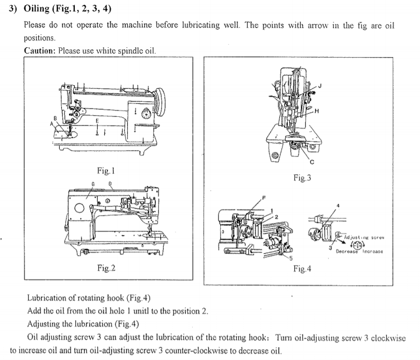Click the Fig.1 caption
[x=105, y=171]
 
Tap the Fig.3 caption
[x=302, y=177]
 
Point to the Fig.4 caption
[x=302, y=269]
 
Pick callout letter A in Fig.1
[x=51, y=124]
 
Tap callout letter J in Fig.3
[x=320, y=86]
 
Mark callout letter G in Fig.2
[x=93, y=184]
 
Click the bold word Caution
[x=39, y=50]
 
